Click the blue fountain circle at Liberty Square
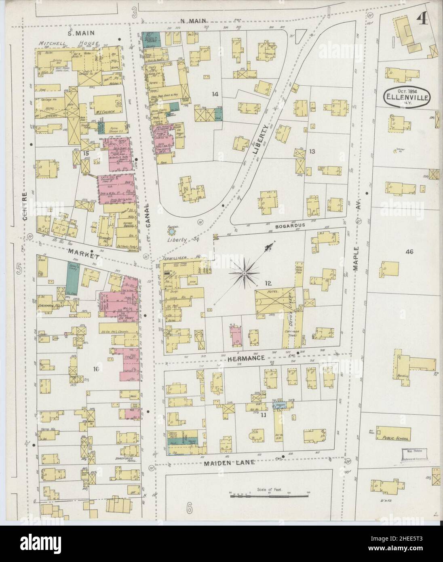(x=172, y=232)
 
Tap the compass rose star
(x=245, y=273)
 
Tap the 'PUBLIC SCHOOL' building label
(x=394, y=438)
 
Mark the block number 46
(x=409, y=252)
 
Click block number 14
(x=215, y=94)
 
